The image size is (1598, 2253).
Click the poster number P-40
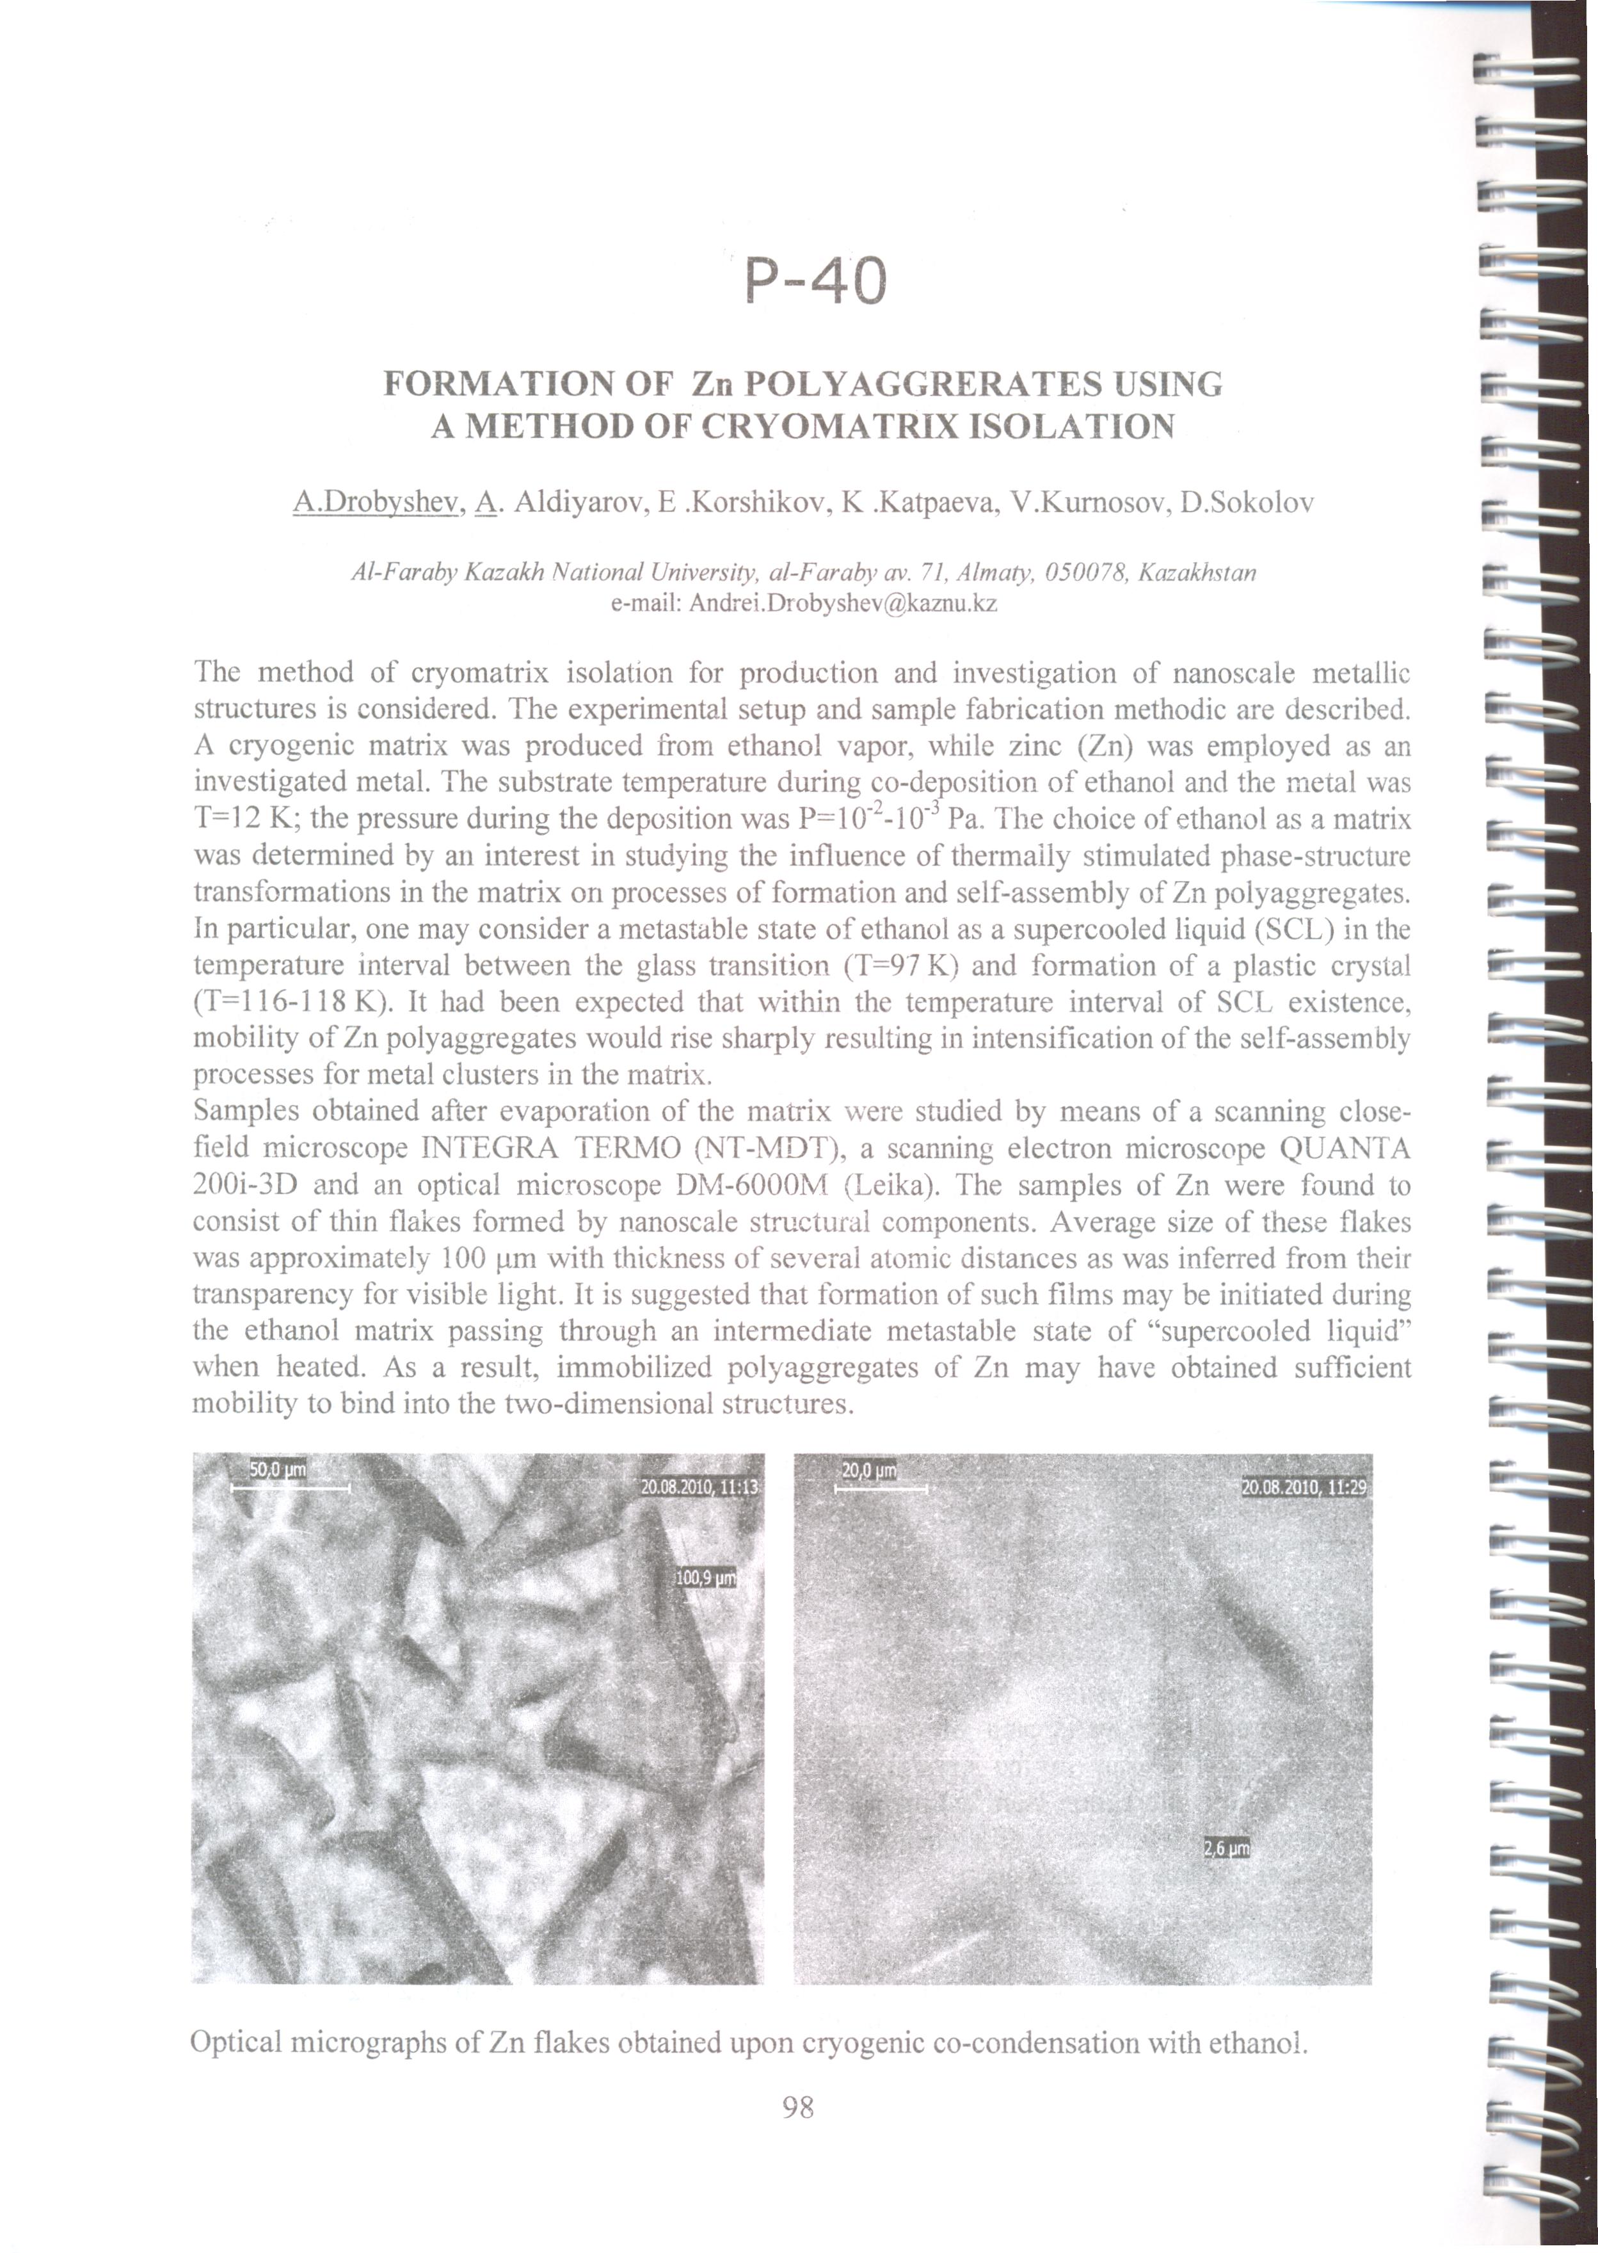point(816,282)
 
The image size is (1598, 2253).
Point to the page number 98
point(798,2106)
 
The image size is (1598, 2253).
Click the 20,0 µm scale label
point(869,1471)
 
